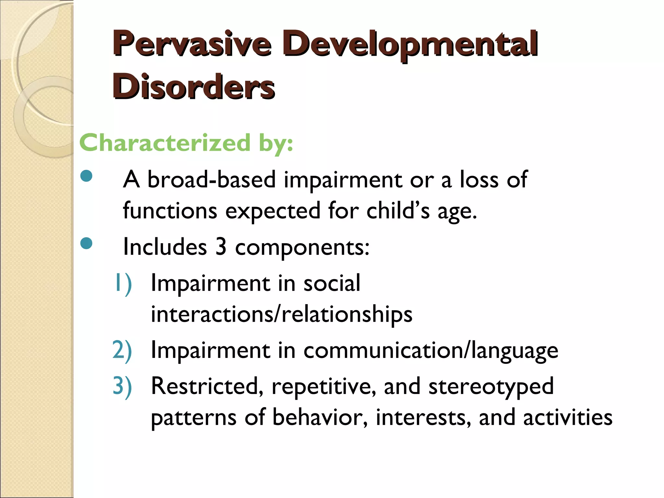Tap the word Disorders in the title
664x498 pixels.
[x=194, y=87]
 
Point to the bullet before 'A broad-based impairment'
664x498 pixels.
[x=86, y=176]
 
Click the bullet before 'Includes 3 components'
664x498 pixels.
[x=86, y=243]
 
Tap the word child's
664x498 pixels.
[x=398, y=211]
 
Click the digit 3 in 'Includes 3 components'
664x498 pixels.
[x=221, y=247]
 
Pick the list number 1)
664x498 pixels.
[x=123, y=283]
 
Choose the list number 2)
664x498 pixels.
[x=122, y=350]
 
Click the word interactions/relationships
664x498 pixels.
[x=281, y=314]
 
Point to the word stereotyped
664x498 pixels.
[x=491, y=387]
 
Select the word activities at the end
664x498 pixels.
[x=568, y=417]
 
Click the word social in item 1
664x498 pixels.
[x=332, y=283]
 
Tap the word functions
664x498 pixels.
[x=170, y=211]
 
